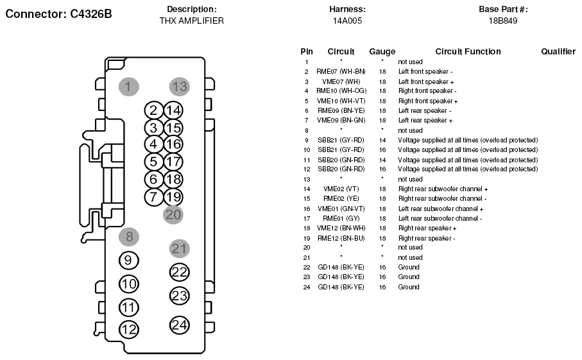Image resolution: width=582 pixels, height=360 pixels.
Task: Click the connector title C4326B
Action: click(90, 13)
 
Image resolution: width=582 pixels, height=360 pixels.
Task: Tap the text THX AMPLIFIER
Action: click(191, 21)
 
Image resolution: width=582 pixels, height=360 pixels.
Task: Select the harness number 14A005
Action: click(347, 21)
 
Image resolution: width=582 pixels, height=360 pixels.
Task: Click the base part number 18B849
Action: click(503, 21)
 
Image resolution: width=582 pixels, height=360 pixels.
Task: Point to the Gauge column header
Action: click(382, 51)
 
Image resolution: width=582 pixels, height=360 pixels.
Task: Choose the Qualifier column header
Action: click(558, 51)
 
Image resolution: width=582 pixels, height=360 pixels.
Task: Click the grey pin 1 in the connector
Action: click(129, 87)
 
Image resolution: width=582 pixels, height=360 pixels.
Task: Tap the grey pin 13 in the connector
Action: click(180, 87)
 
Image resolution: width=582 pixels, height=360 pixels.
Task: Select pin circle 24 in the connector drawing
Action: click(180, 325)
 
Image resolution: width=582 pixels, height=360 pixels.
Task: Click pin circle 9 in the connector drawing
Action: click(129, 261)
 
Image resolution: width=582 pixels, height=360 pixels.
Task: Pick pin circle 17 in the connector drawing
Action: click(173, 162)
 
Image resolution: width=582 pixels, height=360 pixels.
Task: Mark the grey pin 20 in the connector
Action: click(173, 215)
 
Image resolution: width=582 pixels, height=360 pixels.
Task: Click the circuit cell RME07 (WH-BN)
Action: click(341, 72)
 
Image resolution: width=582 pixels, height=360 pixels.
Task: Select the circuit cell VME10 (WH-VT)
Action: click(341, 101)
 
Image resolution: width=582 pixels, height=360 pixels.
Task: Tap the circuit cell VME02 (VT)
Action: click(341, 189)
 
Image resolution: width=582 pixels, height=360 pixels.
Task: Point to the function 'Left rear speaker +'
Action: click(425, 120)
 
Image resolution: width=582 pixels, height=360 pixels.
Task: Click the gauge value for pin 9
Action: click(382, 141)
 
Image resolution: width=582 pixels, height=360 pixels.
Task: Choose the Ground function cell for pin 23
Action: click(409, 277)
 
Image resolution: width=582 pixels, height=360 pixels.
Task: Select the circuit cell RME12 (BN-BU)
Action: click(341, 238)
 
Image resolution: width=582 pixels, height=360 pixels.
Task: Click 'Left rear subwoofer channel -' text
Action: click(440, 219)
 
